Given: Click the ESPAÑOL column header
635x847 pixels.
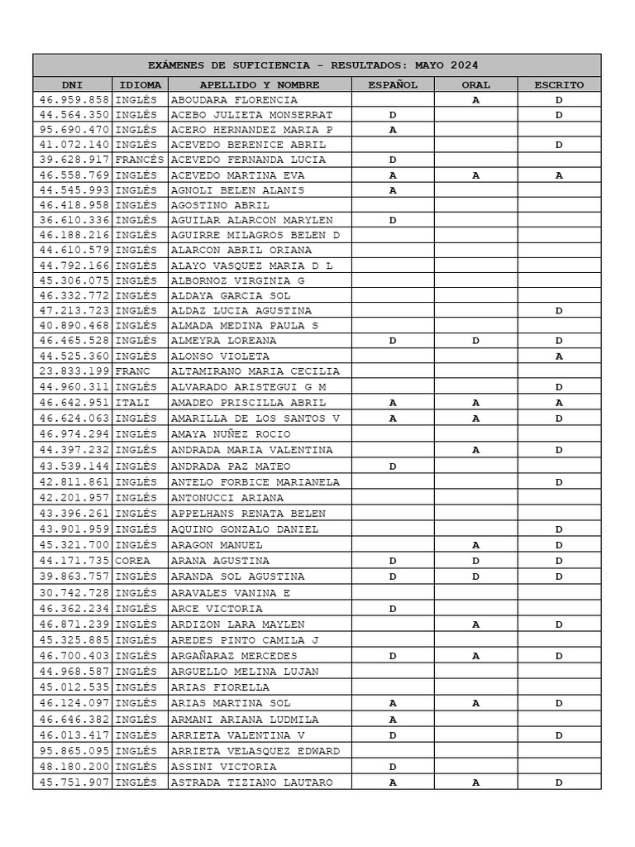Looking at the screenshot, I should coord(393,84).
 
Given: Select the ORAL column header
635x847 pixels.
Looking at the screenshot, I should coord(475,84).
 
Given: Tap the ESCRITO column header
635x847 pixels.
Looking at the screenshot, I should coord(559,84).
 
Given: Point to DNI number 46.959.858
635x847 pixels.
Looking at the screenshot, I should coord(74,100).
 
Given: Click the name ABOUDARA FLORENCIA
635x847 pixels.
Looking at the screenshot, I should coord(234,100).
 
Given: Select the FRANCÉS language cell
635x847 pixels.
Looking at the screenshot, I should coord(140,160).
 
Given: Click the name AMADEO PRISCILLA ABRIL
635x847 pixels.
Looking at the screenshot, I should coord(248,403).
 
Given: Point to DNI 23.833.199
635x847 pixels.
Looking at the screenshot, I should coord(74,371).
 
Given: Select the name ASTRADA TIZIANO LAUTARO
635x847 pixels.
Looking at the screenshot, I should coord(251,782).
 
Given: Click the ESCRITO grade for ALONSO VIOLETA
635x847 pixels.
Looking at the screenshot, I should coord(559,357).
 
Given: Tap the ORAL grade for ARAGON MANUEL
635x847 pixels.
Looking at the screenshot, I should coord(475,545).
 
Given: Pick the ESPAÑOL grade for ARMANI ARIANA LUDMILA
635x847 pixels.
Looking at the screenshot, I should coord(393,720).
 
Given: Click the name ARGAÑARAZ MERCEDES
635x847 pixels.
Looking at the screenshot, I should coord(234,656).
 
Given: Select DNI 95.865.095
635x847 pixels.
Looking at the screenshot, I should coord(74,751).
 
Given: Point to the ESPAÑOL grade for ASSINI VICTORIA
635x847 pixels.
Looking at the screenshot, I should coord(393,767).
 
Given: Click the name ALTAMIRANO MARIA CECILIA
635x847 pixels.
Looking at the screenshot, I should coord(255,371).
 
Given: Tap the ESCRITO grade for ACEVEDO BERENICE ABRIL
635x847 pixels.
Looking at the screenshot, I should coord(559,145).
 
